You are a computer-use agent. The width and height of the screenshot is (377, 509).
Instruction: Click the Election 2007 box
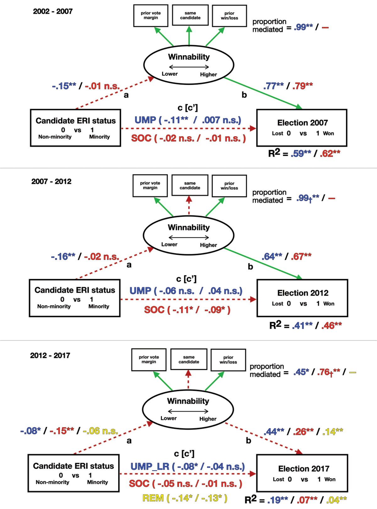302,128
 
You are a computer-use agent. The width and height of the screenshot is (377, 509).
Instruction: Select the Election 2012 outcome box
302,298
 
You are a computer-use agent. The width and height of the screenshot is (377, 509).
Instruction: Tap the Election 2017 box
302,473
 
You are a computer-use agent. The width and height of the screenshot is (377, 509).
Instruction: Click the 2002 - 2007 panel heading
53,12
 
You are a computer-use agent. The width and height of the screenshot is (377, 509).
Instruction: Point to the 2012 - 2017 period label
50,356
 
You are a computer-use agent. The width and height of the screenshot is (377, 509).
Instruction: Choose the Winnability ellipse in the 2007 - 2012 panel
188,235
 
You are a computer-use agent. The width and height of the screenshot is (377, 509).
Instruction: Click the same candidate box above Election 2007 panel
190,15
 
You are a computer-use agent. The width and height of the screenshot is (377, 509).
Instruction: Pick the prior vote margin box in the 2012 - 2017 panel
149,359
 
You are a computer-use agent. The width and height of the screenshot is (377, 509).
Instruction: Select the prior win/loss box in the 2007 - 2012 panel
229,186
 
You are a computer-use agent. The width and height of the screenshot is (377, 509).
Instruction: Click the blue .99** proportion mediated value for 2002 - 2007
303,27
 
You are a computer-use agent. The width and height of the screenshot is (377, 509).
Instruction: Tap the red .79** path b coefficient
303,86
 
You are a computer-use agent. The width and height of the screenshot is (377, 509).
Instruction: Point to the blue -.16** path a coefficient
63,257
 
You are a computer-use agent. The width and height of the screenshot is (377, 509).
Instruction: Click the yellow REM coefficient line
185,498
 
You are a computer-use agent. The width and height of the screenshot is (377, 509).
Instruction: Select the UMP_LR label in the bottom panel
150,467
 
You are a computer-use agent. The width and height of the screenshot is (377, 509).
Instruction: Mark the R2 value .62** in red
330,154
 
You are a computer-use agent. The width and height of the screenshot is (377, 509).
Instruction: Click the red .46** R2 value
331,325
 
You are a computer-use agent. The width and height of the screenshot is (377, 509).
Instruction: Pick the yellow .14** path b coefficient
333,431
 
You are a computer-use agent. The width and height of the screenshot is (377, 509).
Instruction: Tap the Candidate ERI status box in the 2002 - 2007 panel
75,128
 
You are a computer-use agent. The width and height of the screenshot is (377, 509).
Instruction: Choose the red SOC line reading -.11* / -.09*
187,310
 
